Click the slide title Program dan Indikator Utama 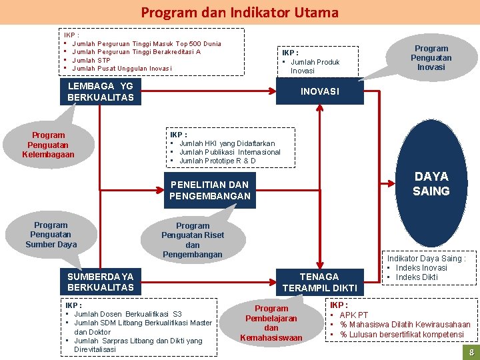pyautogui.click(x=239, y=12)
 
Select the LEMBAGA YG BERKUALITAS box pyautogui.click(x=100, y=92)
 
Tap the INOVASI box pyautogui.click(x=319, y=91)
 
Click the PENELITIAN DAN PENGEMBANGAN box pyautogui.click(x=210, y=190)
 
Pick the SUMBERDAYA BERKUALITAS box pyautogui.click(x=100, y=282)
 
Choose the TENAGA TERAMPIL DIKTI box pyautogui.click(x=319, y=282)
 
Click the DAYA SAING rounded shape pyautogui.click(x=431, y=183)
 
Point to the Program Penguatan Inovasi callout pyautogui.click(x=431, y=57)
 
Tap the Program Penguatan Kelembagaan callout pyautogui.click(x=49, y=145)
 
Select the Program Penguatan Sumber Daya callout pyautogui.click(x=51, y=235)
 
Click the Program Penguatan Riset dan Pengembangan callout pyautogui.click(x=193, y=239)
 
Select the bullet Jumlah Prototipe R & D pyautogui.click(x=217, y=161)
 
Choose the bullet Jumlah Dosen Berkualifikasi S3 pyautogui.click(x=127, y=314)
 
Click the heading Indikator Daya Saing pyautogui.click(x=426, y=258)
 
